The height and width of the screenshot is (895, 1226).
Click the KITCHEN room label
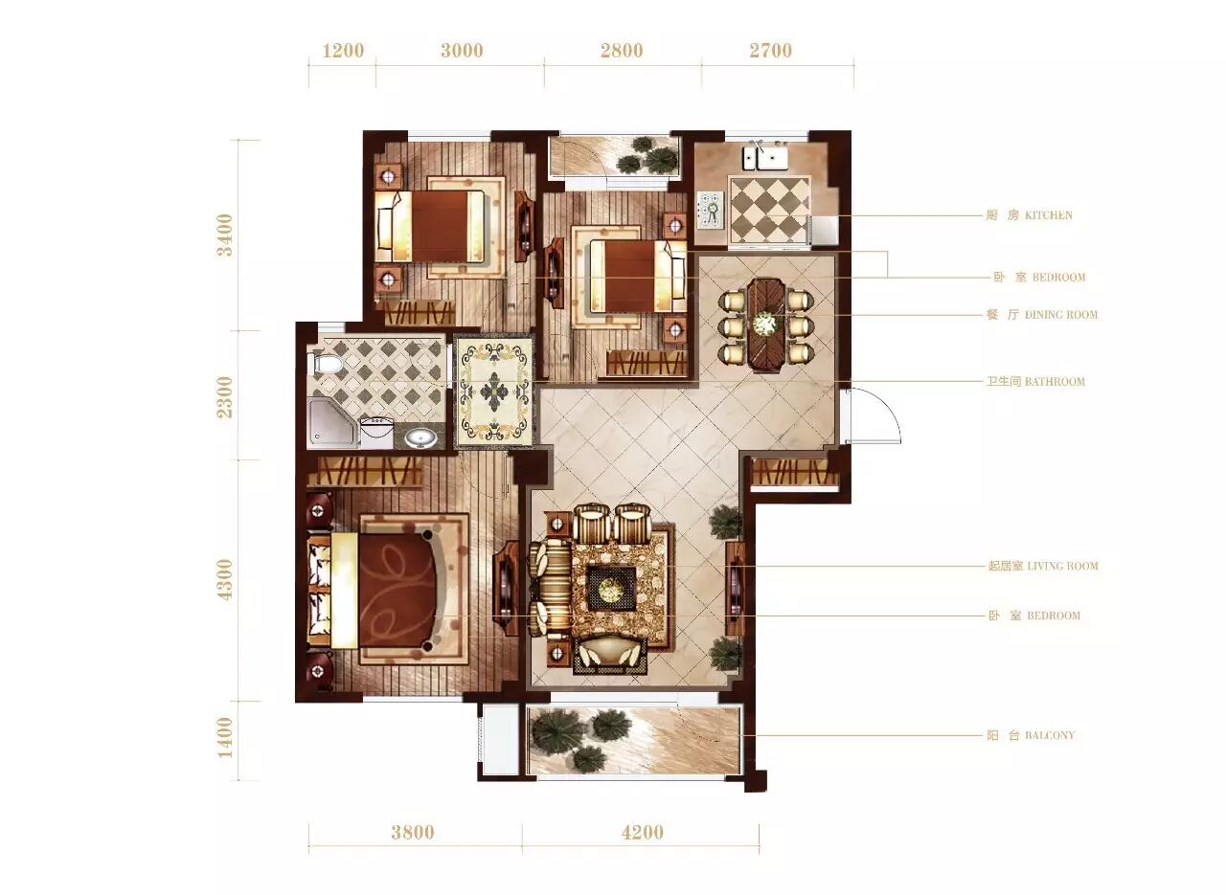pos(1029,215)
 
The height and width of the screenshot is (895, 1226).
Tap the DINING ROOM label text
pos(1042,315)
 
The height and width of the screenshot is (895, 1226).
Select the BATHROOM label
pos(1035,381)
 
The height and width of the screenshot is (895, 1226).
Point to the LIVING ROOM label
pos(1043,566)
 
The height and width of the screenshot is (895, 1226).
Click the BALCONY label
pos(1031,735)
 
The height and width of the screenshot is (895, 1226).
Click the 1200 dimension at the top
pos(343,51)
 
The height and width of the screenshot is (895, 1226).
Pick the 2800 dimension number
pos(622,51)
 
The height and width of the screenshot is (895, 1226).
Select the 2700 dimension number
pos(771,51)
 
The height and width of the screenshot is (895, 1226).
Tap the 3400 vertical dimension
pos(225,235)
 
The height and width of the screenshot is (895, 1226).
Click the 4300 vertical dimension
pos(225,580)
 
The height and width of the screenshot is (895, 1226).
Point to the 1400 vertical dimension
pos(225,737)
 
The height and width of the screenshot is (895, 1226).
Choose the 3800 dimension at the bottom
pos(413,833)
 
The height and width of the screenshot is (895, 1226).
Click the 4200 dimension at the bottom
pos(643,833)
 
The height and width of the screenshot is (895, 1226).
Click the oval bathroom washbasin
pos(420,437)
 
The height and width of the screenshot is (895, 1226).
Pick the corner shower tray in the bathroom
pos(331,423)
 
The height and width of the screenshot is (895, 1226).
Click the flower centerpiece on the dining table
pos(765,324)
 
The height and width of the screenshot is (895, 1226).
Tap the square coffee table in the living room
pos(611,588)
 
